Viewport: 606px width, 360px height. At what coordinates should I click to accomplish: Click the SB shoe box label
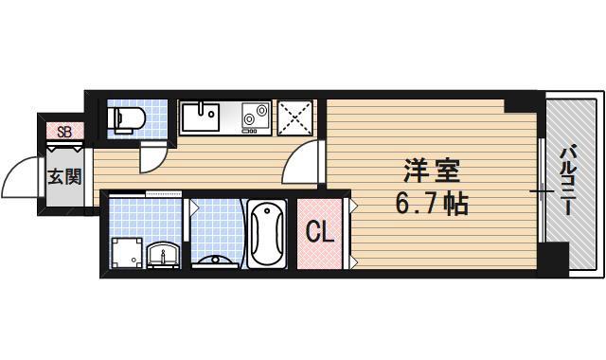click(64, 132)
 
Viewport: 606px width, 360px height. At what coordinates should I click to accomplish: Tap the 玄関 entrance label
click(64, 176)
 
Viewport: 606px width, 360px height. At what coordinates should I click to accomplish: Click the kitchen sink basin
click(201, 117)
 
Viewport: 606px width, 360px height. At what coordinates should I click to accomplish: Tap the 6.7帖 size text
click(432, 203)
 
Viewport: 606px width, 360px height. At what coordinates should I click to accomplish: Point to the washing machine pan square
click(126, 251)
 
